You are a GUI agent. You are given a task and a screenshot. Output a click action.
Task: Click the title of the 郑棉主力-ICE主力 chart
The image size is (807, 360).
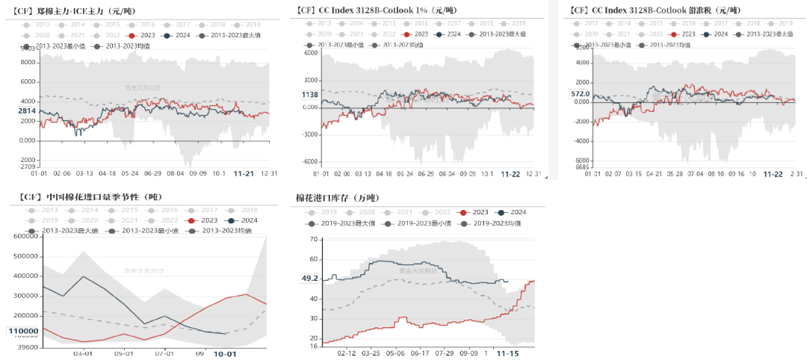pyautogui.click(x=71, y=10)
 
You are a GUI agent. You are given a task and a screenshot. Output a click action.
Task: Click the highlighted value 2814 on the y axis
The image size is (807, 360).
pyautogui.click(x=27, y=111)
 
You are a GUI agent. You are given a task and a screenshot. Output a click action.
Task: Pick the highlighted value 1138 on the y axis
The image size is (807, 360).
pyautogui.click(x=310, y=95)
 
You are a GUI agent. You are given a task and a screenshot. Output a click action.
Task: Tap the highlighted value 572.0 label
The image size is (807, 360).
pyautogui.click(x=580, y=94)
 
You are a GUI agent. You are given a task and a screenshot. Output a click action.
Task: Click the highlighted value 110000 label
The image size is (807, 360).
pyautogui.click(x=25, y=331)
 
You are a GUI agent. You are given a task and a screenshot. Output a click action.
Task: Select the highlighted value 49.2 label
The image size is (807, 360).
pyautogui.click(x=309, y=279)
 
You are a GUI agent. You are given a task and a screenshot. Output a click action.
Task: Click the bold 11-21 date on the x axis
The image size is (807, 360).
pyautogui.click(x=242, y=173)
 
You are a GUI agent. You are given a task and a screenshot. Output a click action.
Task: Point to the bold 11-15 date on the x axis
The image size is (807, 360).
pyautogui.click(x=509, y=353)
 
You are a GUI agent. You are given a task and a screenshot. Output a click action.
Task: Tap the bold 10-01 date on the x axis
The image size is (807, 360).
pyautogui.click(x=225, y=353)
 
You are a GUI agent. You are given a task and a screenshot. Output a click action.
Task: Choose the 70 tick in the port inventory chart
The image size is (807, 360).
pyautogui.click(x=315, y=239)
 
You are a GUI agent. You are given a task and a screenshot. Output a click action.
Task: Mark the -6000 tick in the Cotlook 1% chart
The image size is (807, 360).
pyautogui.click(x=309, y=161)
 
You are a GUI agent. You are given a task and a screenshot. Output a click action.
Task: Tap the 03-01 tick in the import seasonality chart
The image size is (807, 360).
pyautogui.click(x=81, y=353)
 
